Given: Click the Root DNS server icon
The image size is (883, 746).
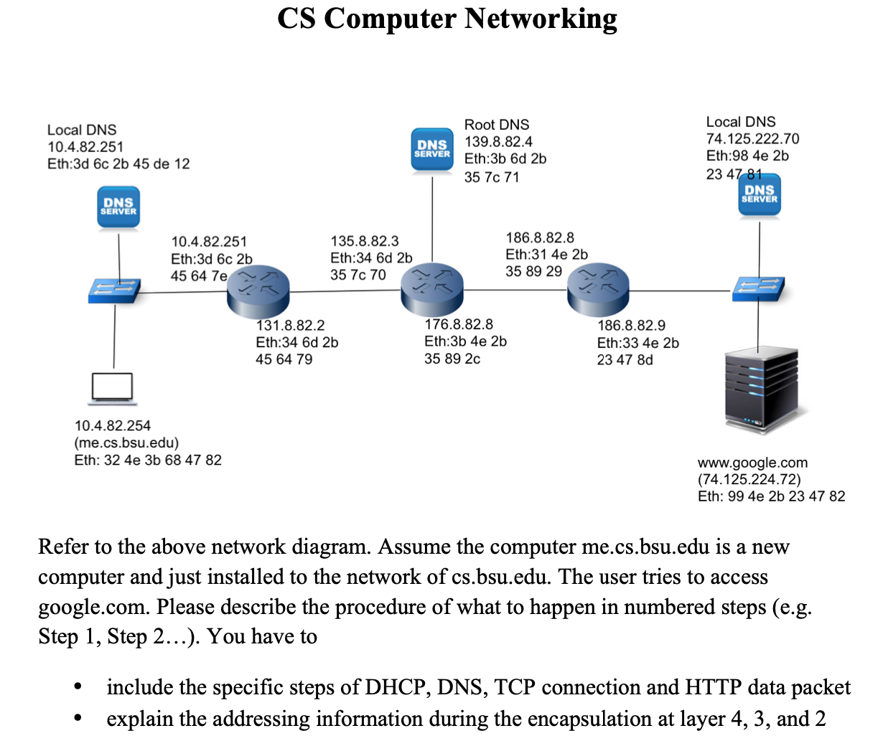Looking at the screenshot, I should coord(432,149).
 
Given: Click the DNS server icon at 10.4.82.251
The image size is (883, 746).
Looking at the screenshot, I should coord(118,207).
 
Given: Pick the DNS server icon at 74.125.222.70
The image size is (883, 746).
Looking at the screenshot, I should coord(760,195).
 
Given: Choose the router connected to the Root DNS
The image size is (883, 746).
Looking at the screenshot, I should coord(432,289).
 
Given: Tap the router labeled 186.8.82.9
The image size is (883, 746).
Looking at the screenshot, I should coord(598,289).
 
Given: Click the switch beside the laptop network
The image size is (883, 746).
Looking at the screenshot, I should coord(114,290).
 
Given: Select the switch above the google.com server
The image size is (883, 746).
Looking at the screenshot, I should coord(759,288).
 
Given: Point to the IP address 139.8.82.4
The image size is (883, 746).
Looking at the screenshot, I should coord(498,142).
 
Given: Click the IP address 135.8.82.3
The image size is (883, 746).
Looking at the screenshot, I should coord(364,241).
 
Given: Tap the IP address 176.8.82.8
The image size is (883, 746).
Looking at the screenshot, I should coord(458,325).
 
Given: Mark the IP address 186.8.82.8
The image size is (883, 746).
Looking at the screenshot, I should coord(539,238).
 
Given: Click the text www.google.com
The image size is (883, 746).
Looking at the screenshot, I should coord(752,463).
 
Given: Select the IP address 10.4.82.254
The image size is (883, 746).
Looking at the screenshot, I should coord(113,426).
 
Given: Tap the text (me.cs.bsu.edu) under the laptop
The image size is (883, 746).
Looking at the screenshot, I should coord(126,443).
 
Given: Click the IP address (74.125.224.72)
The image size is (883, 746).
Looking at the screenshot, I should coord(749,479).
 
